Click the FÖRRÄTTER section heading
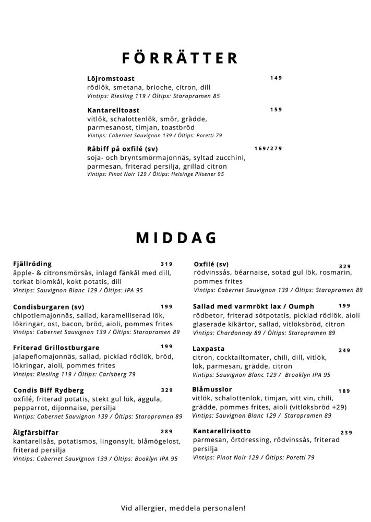[x=179, y=57]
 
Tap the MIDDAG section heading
[x=176, y=238]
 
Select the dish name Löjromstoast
[x=111, y=79]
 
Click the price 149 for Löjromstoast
[x=276, y=78]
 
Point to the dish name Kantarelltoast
[x=113, y=111]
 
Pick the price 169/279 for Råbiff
[x=268, y=148]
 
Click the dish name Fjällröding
[x=32, y=264]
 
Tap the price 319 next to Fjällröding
[x=166, y=264]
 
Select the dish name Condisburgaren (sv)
[x=48, y=307]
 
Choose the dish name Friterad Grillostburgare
[x=56, y=347]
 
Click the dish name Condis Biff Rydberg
[x=48, y=390]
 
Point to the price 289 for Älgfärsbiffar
[x=166, y=431]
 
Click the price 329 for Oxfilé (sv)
[x=345, y=266]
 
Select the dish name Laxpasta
[x=208, y=348]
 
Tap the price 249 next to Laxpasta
[x=344, y=350]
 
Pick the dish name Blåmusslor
[x=212, y=389]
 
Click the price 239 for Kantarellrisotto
[x=346, y=433]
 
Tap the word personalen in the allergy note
[x=222, y=507]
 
